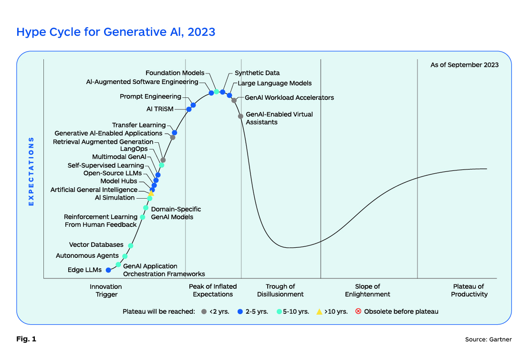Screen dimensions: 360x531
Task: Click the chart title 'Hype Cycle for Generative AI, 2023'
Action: [x=115, y=32]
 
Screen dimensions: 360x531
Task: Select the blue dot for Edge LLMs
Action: [x=108, y=270]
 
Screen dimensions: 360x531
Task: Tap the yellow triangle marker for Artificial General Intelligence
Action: [x=151, y=193]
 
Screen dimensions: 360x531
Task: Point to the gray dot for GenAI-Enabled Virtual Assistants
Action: [x=240, y=116]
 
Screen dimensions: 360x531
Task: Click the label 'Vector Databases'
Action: [x=96, y=245]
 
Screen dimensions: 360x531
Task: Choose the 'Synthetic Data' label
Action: [x=257, y=73]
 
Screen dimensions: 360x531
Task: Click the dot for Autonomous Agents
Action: [x=125, y=256]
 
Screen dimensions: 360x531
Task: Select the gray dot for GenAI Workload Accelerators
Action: [x=234, y=100]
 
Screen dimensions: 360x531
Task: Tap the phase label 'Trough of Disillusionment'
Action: [x=280, y=290]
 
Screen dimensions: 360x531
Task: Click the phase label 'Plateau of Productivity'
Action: [x=469, y=290]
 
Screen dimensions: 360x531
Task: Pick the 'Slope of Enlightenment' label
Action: [x=367, y=290]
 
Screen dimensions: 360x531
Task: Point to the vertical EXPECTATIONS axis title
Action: [x=31, y=171]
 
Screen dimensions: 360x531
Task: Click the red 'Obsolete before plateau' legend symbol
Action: [x=358, y=311]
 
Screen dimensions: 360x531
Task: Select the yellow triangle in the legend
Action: [x=319, y=311]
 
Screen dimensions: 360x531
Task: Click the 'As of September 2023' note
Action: [x=464, y=65]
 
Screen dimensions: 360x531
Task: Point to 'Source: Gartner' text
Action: [x=488, y=339]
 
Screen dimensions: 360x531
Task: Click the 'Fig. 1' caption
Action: [x=26, y=339]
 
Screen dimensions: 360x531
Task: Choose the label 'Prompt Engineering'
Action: [x=150, y=97]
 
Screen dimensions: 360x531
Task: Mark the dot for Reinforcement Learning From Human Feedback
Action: [x=143, y=217]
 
